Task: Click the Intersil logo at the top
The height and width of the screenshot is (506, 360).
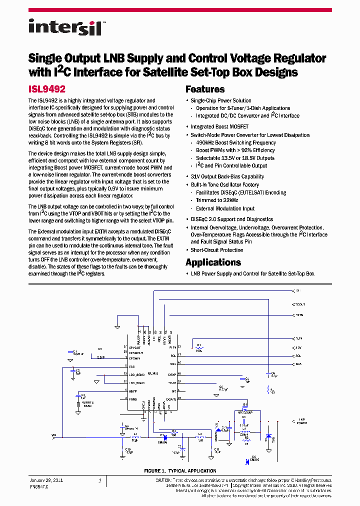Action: [x=65, y=27]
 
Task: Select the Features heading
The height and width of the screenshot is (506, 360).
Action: [x=205, y=89]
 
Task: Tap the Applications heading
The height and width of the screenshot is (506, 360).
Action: [x=213, y=262]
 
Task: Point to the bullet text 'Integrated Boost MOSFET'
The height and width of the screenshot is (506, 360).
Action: [x=219, y=127]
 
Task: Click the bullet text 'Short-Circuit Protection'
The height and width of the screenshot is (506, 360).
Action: [x=217, y=250]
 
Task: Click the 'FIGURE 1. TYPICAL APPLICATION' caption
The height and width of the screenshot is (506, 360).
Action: [x=180, y=470]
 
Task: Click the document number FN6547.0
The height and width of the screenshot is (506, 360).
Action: [x=38, y=486]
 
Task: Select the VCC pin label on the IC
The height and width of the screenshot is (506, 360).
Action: [x=132, y=366]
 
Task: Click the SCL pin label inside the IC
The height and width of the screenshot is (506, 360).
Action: [x=172, y=355]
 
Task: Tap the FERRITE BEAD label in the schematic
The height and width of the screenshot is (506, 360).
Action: [x=87, y=404]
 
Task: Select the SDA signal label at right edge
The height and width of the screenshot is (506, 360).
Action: [x=298, y=364]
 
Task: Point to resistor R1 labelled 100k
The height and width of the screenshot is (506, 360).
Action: [x=198, y=348]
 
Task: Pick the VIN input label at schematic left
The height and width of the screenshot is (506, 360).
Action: [x=53, y=435]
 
